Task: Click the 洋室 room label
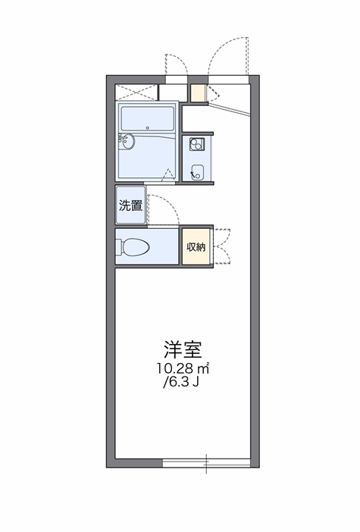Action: coord(183,349)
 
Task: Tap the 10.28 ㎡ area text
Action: coord(183,368)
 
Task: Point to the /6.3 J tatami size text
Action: coord(181,383)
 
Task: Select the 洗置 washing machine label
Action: coord(130,205)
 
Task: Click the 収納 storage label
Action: coord(196,247)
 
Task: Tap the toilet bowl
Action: coord(133,246)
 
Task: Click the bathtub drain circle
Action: coord(148,128)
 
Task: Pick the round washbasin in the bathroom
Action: coord(127,141)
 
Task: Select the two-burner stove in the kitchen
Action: coord(197,144)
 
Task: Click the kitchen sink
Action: coord(197,172)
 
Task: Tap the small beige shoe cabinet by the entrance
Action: coord(198,93)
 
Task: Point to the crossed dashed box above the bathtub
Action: coord(136,92)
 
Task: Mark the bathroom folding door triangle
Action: coord(167,176)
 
